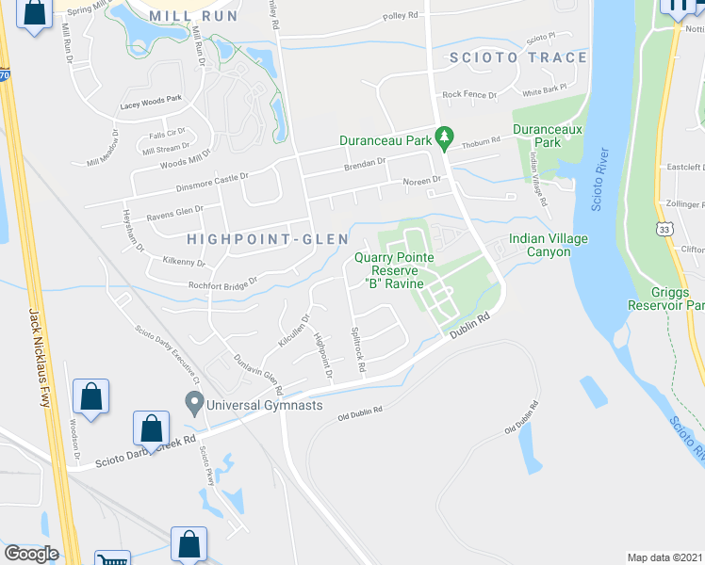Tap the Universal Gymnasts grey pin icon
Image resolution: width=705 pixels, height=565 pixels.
pyautogui.click(x=195, y=404)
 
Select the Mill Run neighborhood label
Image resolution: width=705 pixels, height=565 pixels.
pyautogui.click(x=199, y=16)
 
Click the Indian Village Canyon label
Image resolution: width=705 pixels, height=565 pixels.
pyautogui.click(x=549, y=245)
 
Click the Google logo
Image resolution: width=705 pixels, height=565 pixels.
pyautogui.click(x=31, y=553)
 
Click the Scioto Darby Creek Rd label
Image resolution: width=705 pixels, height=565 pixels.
pyautogui.click(x=145, y=452)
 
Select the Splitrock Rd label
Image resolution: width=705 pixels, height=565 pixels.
pyautogui.click(x=357, y=348)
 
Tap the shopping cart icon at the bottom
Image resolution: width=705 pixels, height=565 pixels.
pyautogui.click(x=114, y=557)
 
